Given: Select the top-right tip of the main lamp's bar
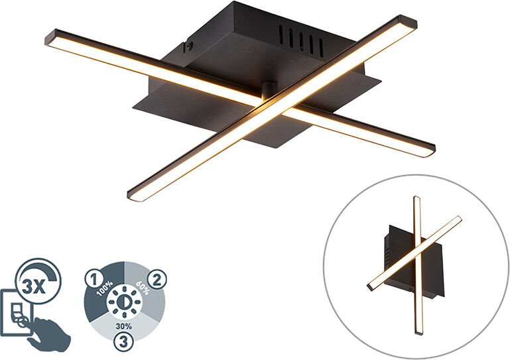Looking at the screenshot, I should [411, 21].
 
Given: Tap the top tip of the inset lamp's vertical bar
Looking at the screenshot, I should [416, 199].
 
